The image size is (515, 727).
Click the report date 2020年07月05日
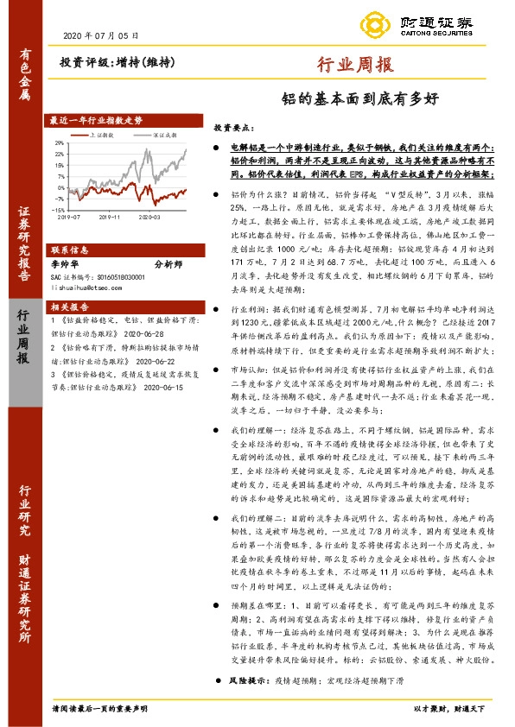[101, 35]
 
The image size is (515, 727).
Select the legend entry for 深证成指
[166, 136]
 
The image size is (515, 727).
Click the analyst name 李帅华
[66, 263]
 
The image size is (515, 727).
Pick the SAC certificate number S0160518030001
[108, 275]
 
